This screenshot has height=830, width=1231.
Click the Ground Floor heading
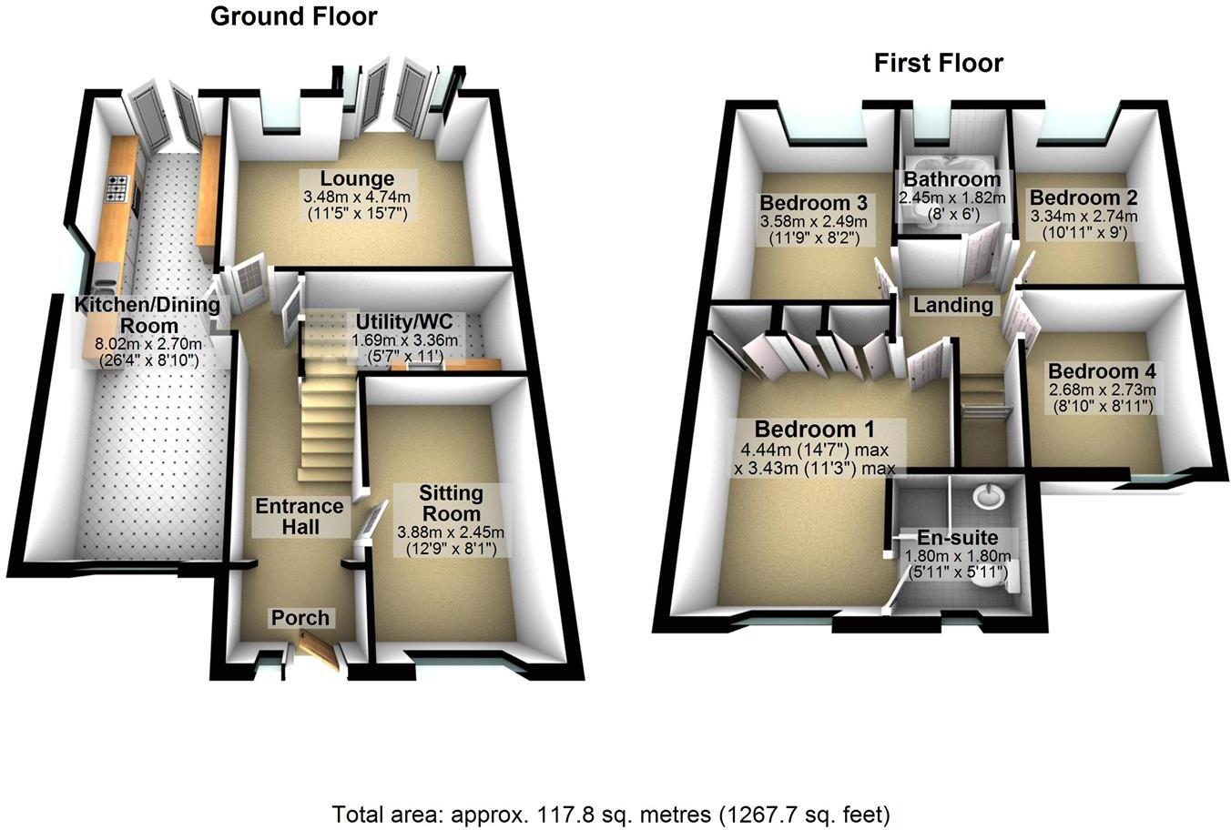point(293,16)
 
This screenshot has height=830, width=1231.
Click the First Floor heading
point(938,63)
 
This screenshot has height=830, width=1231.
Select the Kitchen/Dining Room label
point(148,315)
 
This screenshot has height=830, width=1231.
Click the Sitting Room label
point(451,503)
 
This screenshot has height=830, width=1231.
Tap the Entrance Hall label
point(300,516)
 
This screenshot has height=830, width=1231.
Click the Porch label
point(300,618)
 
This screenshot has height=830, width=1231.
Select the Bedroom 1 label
point(814,429)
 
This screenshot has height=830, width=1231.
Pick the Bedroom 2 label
point(1083,197)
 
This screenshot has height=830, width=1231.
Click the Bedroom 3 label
point(805,201)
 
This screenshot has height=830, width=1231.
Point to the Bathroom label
point(951,178)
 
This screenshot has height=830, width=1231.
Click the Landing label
point(954,305)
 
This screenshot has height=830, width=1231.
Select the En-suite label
point(957,538)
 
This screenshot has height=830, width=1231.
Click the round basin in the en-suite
point(986,497)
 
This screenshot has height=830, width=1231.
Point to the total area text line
point(611,813)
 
